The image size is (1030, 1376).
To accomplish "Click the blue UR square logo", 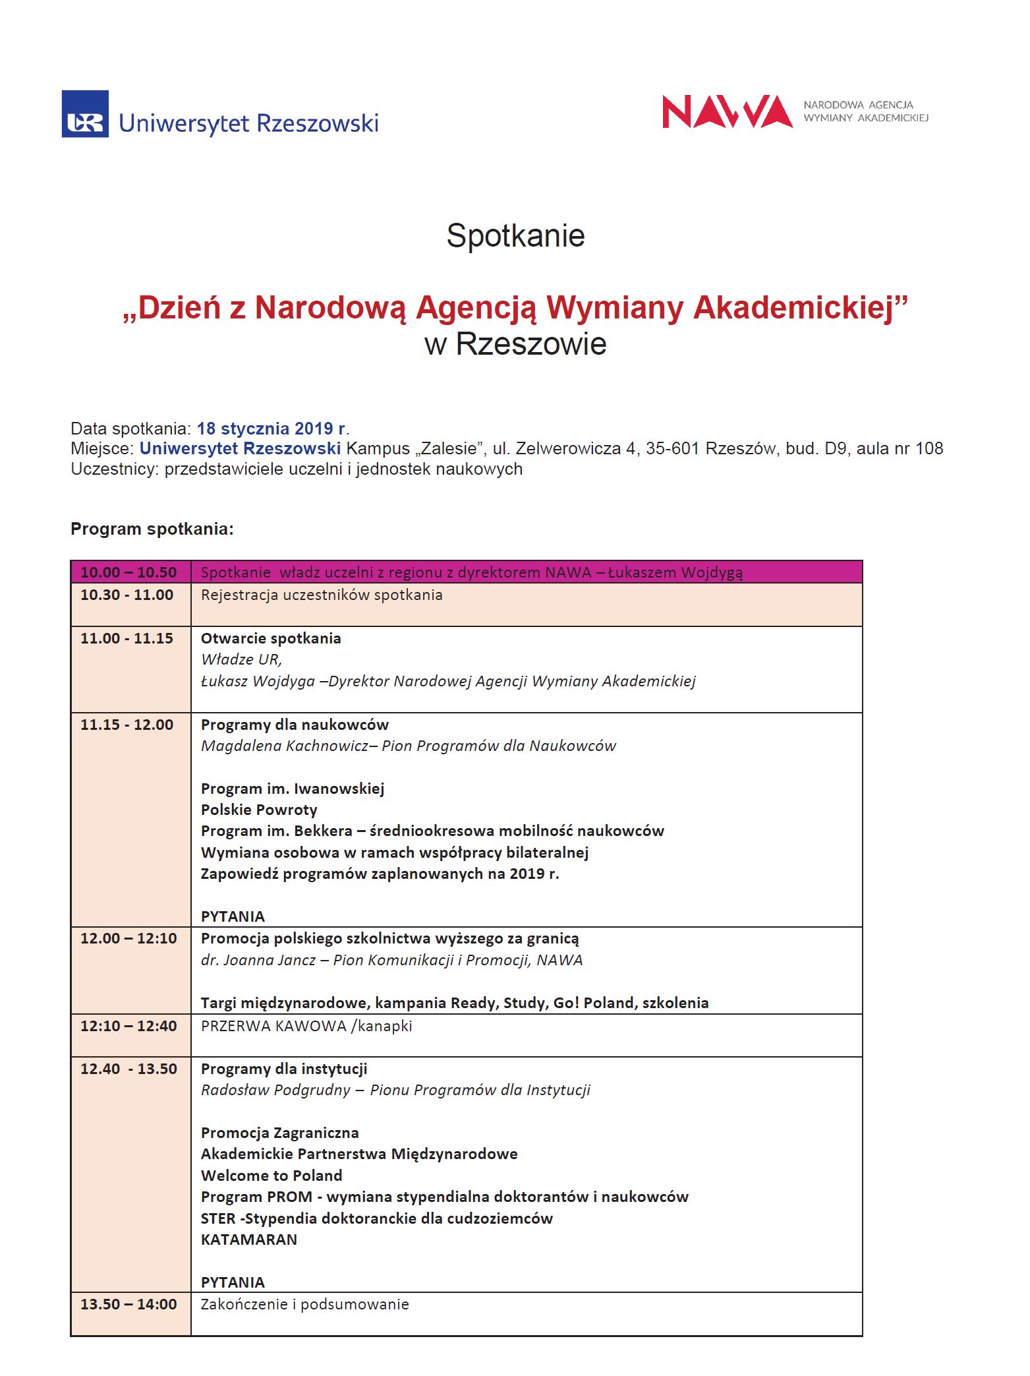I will pos(85,114).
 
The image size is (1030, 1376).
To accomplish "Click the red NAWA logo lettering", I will pos(726,111).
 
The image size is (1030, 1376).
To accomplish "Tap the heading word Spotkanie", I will pos(515,235).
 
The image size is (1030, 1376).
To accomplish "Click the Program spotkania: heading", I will pos(152,529).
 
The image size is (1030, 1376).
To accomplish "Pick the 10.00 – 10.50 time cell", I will pos(129,572).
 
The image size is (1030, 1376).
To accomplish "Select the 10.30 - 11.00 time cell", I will pos(127,595).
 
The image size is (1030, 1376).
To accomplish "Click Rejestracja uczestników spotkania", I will pos(322,595).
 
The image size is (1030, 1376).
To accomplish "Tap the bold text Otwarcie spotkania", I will pos(271,638).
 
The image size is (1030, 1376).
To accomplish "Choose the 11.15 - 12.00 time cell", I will pos(127,725).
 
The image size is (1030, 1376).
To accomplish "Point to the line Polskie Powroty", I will pos(259,810).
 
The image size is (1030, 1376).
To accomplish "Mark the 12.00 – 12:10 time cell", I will pos(129,938).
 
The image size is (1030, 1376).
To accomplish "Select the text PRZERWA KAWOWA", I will pos(273,1026).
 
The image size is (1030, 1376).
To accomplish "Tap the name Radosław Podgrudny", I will pos(275,1090).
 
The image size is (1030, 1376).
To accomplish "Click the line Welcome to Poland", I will pos(272,1176).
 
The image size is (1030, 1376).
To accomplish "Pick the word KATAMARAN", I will pos(249,1240).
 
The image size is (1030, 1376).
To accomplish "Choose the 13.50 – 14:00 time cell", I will pos(129,1304).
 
